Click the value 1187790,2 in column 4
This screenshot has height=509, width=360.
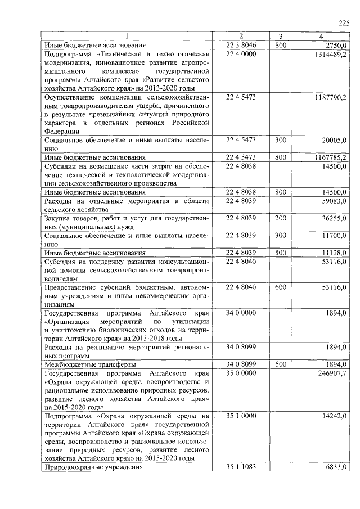(x=331, y=97)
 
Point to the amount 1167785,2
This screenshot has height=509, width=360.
(x=331, y=157)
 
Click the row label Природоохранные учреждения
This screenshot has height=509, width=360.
(x=93, y=466)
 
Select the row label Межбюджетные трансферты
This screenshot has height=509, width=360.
(x=88, y=364)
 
